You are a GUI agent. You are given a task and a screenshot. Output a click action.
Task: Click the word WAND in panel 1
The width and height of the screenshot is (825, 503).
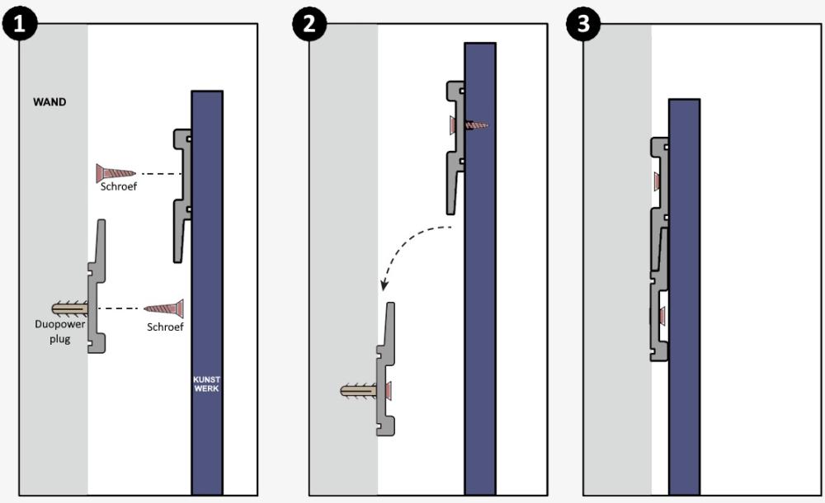point(49,104)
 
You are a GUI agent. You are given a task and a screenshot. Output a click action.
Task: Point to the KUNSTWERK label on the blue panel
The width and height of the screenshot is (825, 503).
point(206,383)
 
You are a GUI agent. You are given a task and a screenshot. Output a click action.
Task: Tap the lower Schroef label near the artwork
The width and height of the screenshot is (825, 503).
point(164,327)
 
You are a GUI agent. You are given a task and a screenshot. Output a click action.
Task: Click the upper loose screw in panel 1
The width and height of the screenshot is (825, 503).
point(115,173)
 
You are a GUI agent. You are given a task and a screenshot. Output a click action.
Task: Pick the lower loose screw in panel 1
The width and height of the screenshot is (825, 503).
point(163,308)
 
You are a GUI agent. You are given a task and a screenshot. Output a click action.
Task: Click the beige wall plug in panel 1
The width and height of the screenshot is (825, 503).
point(71,308)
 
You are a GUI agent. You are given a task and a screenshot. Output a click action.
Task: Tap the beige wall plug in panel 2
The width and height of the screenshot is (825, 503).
point(358,389)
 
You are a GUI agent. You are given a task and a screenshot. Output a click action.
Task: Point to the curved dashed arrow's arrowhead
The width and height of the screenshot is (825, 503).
point(384,286)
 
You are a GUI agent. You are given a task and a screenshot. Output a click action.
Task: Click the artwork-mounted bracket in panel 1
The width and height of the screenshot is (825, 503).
point(182,194)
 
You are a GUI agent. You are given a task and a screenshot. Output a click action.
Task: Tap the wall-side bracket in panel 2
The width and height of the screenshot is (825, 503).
point(384,367)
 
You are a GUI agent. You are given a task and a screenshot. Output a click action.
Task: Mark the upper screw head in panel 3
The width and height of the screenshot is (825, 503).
point(658,181)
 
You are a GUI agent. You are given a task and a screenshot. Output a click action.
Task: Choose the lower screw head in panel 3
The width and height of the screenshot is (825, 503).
point(662,314)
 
